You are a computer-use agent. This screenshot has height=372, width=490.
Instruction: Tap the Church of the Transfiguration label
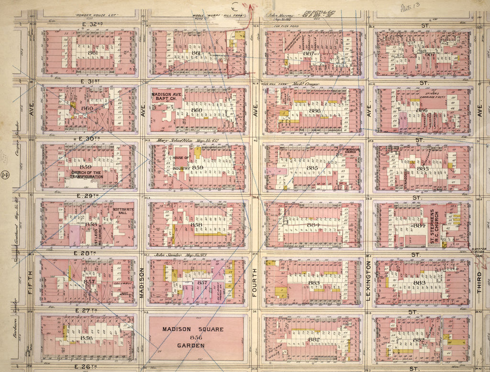(x=87, y=175)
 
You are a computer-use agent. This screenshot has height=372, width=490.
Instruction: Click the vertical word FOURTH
(x=255, y=282)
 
